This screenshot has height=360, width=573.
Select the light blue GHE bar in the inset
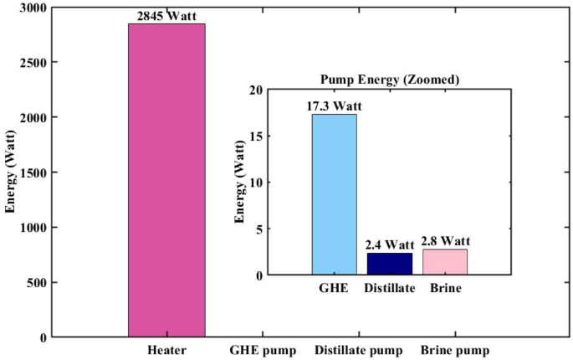pos(334,194)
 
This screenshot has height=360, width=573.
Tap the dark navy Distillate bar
pos(389,264)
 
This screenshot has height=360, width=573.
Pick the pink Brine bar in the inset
pos(445,262)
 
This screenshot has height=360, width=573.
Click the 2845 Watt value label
pos(166,15)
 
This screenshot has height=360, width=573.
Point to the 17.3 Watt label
pos(335,105)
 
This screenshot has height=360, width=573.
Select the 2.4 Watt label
pos(390,244)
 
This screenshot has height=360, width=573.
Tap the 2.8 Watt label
pos(445,241)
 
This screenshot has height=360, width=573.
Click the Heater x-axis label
pos(166,350)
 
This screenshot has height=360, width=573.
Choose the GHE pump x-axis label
pos(263,350)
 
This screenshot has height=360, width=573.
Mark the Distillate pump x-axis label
pos(359,350)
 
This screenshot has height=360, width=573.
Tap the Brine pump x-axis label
pos(455,350)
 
